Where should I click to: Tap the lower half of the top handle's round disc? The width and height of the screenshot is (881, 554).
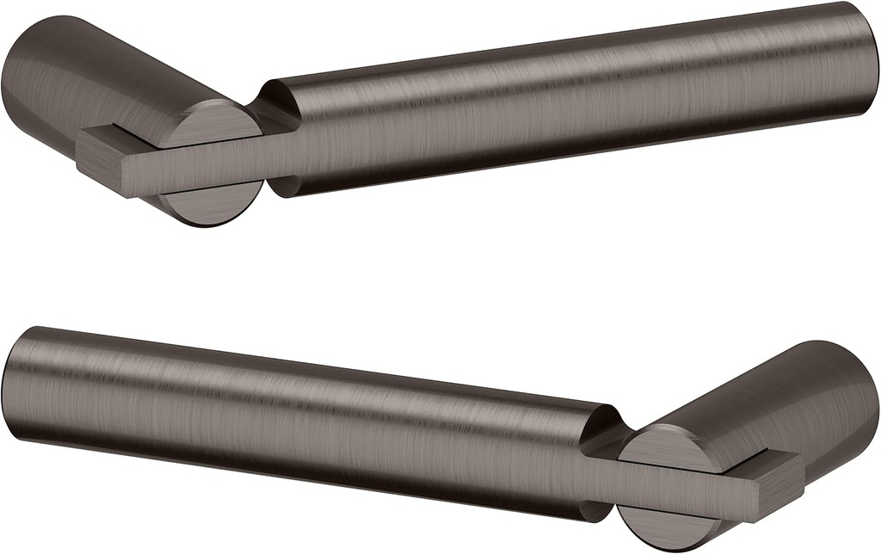tap(211, 202)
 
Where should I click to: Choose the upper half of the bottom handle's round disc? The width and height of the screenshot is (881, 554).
tap(667, 447)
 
